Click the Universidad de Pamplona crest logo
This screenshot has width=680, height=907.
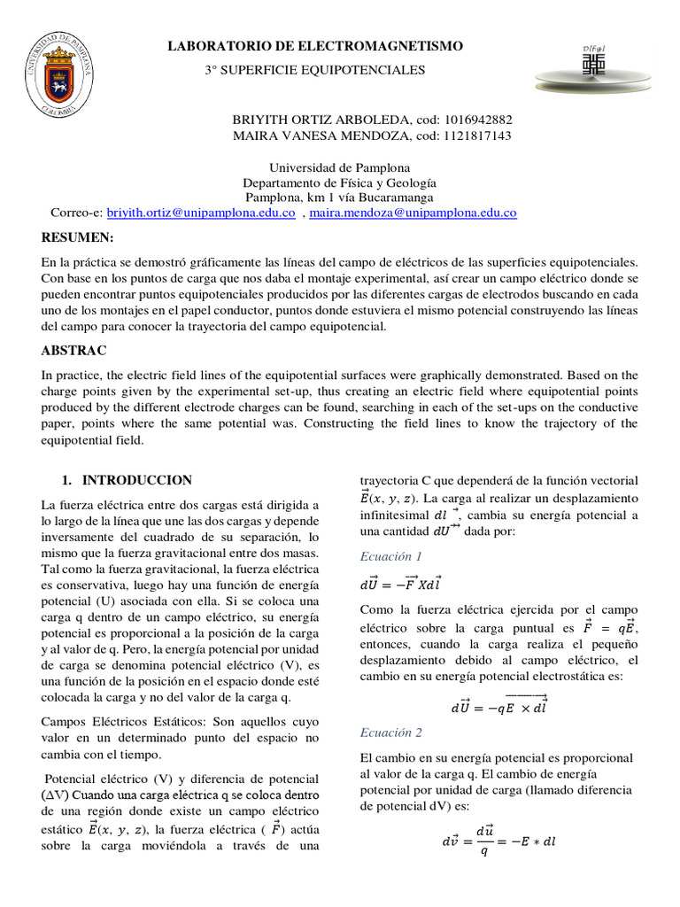(x=60, y=74)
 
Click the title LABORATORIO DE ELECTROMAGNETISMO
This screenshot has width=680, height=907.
(x=315, y=46)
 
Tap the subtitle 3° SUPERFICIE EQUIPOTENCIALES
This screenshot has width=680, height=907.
(x=315, y=69)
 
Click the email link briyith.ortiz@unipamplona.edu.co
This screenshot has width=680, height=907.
(x=201, y=213)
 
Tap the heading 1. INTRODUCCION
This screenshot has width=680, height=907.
(x=127, y=480)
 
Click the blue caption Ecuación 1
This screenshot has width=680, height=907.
(x=390, y=556)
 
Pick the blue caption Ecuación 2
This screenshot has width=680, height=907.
(x=390, y=733)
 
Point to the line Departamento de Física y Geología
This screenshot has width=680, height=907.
(x=327, y=182)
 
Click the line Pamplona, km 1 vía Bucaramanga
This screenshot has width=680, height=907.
(x=327, y=198)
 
